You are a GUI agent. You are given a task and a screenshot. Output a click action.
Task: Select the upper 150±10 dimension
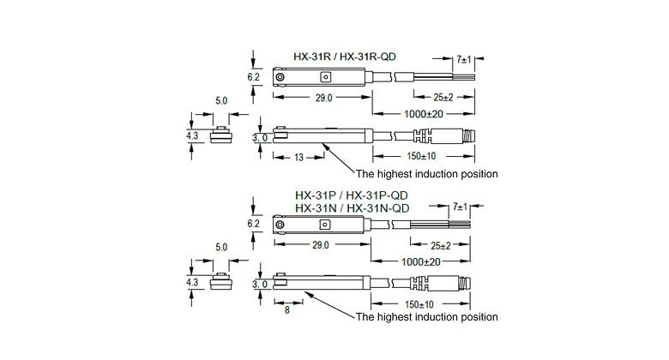(421, 155)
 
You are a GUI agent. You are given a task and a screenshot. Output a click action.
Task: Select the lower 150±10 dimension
(421, 303)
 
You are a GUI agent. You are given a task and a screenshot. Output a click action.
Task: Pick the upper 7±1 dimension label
(464, 60)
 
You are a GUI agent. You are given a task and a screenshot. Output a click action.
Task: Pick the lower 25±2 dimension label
(443, 244)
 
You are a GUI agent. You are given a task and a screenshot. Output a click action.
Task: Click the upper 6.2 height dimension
(254, 77)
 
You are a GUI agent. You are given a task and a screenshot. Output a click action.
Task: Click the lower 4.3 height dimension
(192, 282)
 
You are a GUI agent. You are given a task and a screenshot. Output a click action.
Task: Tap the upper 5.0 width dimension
(221, 101)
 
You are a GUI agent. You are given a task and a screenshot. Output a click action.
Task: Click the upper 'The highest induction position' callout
(426, 174)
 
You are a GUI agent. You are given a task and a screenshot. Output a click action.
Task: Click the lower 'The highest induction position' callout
(426, 317)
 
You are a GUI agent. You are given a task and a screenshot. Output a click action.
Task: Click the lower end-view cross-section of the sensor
(221, 282)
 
